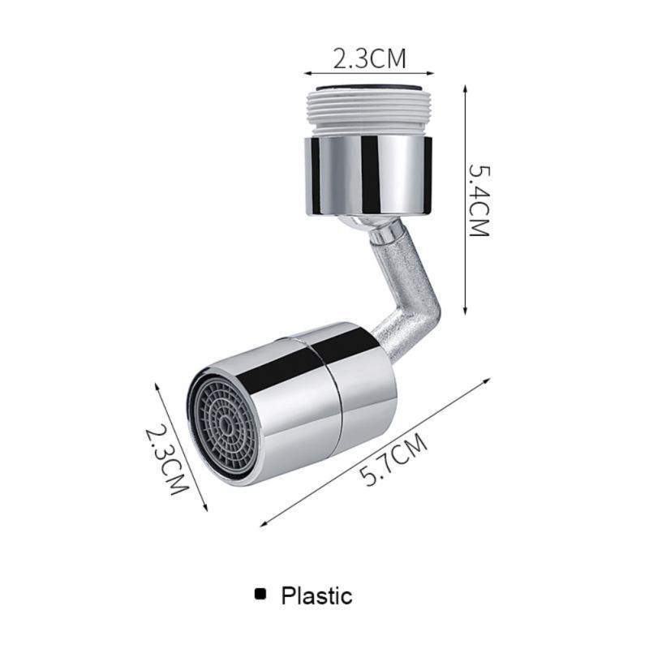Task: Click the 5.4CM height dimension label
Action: pyautogui.click(x=479, y=200)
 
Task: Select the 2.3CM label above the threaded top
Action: pyautogui.click(x=369, y=58)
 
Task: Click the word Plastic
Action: pyautogui.click(x=316, y=596)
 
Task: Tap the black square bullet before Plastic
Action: pyautogui.click(x=260, y=595)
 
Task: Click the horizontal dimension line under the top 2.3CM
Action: pyautogui.click(x=369, y=73)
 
